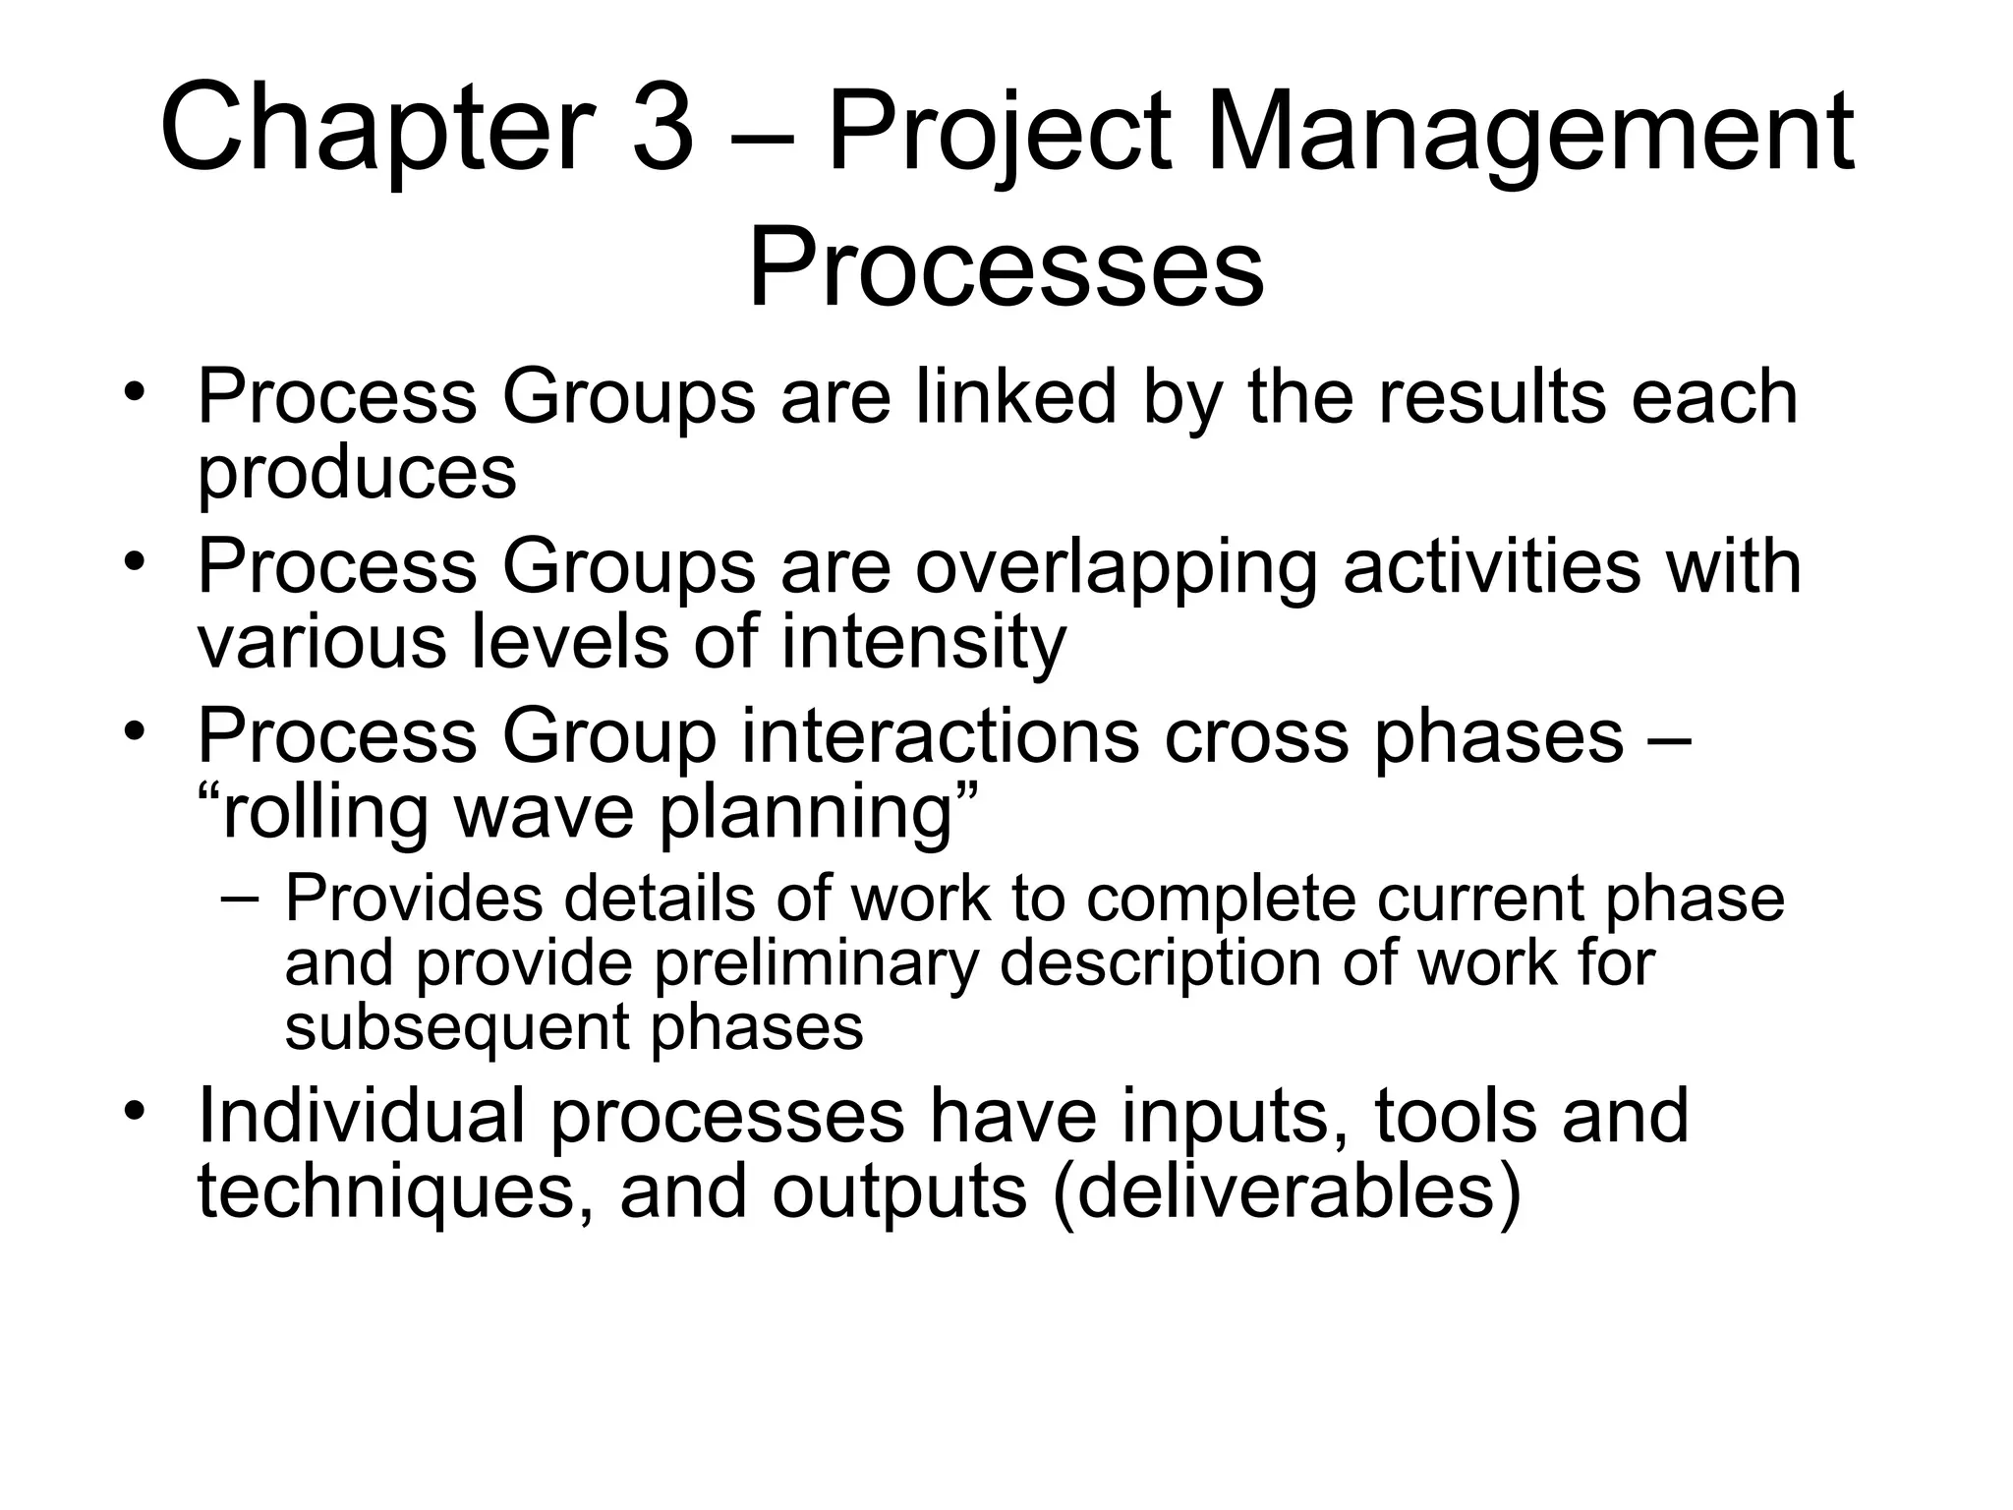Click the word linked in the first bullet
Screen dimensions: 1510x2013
click(1016, 396)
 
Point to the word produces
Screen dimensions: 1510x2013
click(357, 472)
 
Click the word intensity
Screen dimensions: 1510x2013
click(923, 641)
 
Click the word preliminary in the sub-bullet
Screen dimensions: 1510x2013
click(816, 962)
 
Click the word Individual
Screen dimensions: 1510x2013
click(361, 1116)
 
